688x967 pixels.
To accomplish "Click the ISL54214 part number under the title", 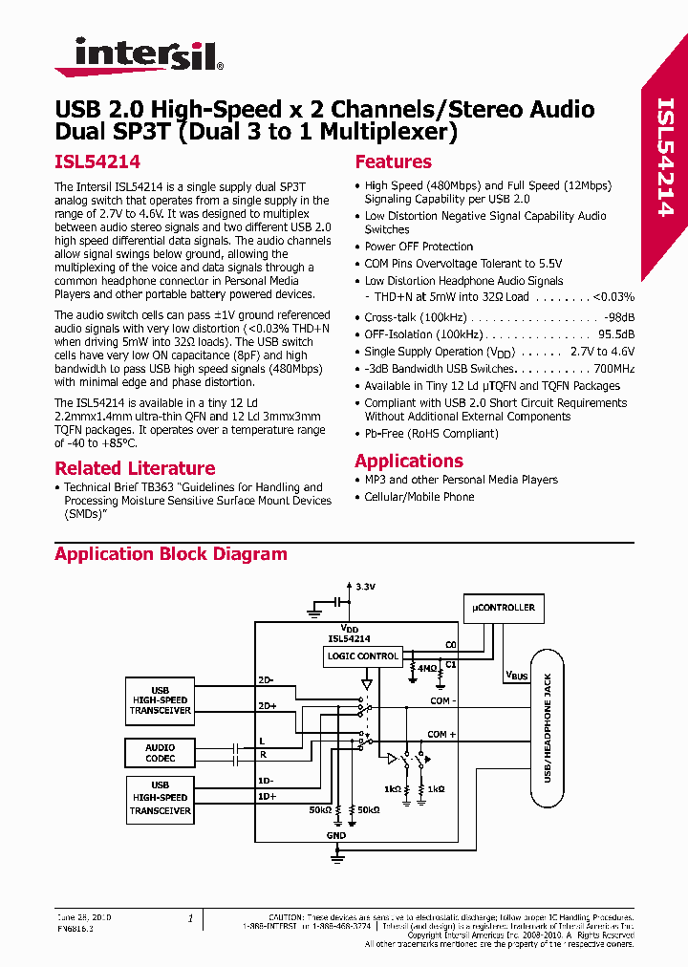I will click(x=97, y=163).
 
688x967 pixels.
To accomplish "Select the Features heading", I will click(x=393, y=162).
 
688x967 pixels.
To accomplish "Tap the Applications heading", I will click(x=408, y=461).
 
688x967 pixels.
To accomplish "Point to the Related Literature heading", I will click(x=135, y=468).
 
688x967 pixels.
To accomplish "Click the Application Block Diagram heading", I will click(x=170, y=554).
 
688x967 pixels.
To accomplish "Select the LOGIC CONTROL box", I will click(x=362, y=656).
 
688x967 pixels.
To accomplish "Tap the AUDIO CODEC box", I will click(x=161, y=753).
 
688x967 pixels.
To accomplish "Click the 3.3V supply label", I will click(x=365, y=586).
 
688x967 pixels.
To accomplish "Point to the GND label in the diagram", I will click(x=336, y=835).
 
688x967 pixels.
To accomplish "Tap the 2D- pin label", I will click(x=266, y=679).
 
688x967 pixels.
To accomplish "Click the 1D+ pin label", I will click(x=267, y=796).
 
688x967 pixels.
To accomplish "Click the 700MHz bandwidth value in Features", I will click(x=614, y=369).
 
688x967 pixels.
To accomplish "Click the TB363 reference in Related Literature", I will click(x=161, y=487).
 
